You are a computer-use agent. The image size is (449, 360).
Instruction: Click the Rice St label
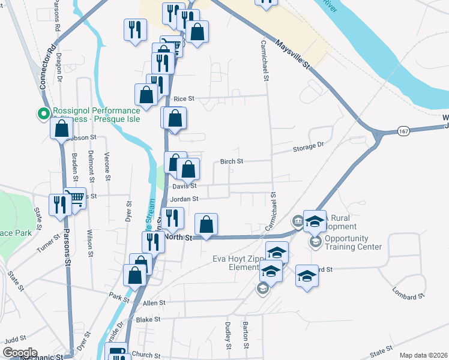coord(184,98)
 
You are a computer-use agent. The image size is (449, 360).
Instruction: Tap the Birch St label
coord(231,161)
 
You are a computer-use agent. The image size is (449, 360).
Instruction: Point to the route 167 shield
coord(402,131)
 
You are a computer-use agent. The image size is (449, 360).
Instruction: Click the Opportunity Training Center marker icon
coord(315,242)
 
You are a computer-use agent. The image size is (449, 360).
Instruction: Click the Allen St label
coord(154,304)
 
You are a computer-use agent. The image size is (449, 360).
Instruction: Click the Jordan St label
coord(184,199)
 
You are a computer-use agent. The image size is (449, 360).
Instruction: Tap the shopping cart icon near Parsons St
coord(75,197)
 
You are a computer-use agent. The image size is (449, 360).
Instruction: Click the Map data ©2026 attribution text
coord(423,355)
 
